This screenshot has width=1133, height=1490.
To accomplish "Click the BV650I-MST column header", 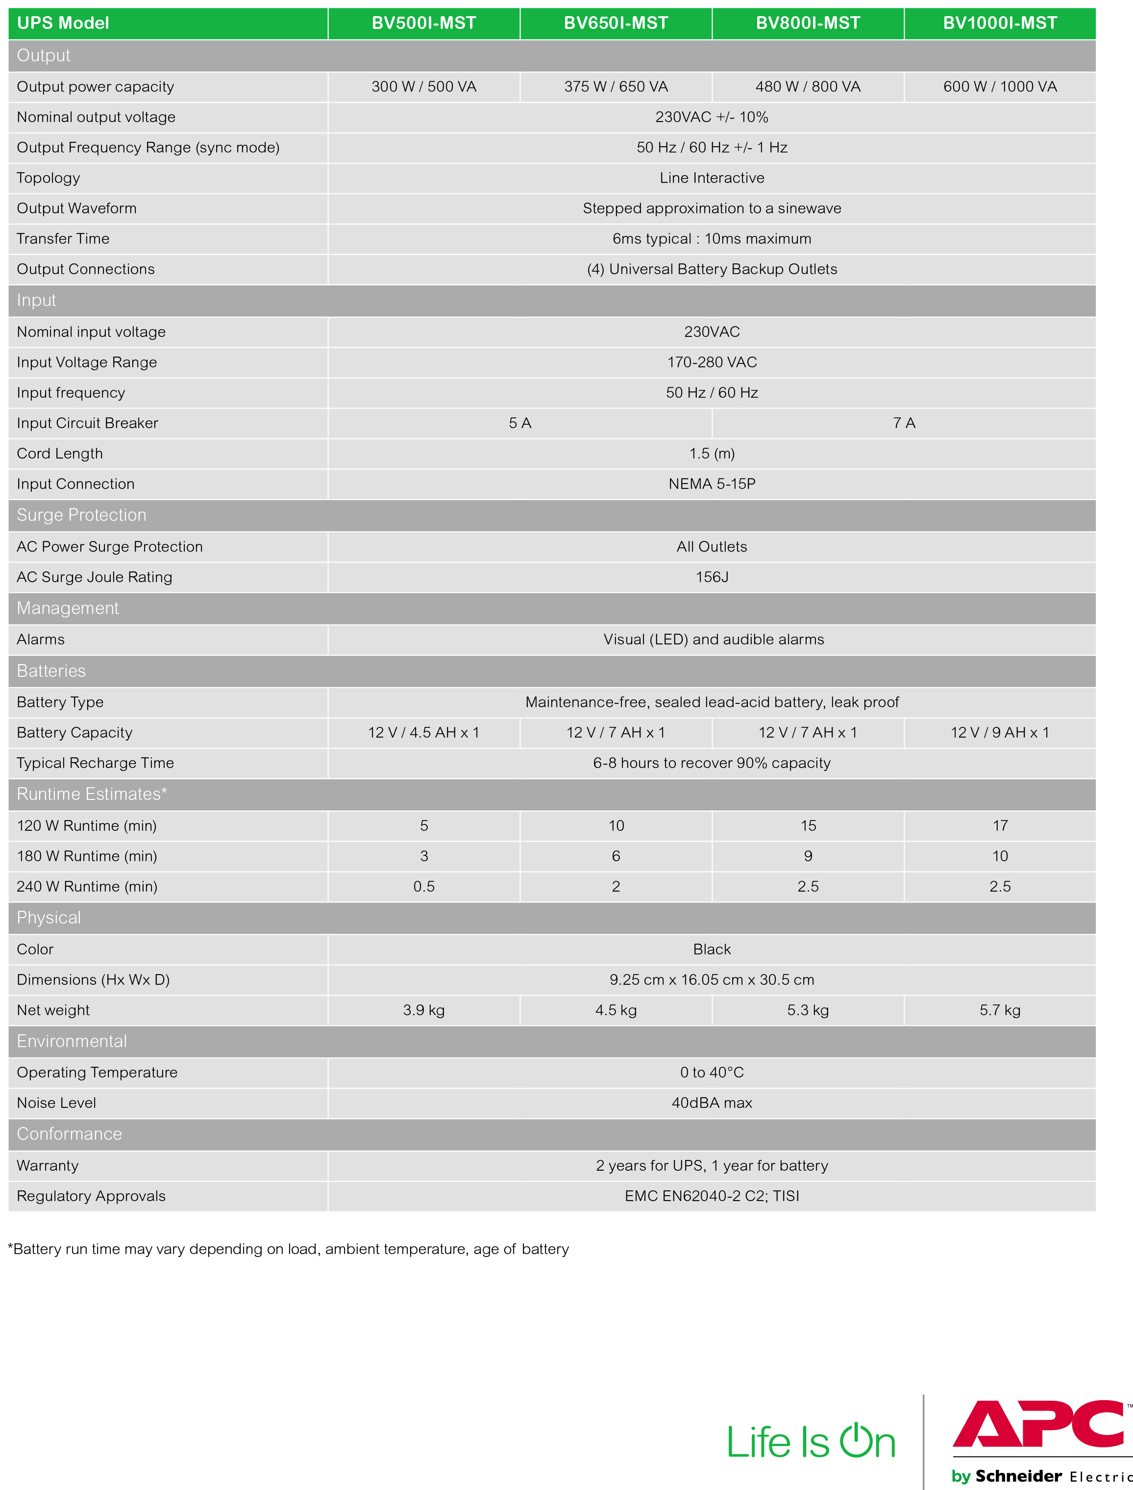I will [616, 23].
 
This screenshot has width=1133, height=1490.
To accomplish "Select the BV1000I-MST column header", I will [1000, 23].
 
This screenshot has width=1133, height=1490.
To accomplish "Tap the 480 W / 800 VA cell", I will [808, 86].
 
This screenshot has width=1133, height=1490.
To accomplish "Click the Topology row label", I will [49, 178].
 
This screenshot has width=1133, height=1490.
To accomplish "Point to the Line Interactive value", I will [712, 178].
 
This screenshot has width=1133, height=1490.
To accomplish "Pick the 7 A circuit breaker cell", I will [904, 423].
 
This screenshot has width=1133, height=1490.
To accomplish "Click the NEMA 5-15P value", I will [712, 484].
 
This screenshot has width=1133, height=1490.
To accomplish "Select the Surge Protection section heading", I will [82, 515].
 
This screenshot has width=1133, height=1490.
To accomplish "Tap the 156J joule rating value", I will [712, 577].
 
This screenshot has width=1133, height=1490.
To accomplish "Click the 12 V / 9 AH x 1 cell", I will [1000, 732].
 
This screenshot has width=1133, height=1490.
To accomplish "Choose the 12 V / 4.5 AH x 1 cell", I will [423, 732].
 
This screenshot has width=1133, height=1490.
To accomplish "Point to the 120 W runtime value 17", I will [1000, 825].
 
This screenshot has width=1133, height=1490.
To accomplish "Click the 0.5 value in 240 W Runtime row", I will [423, 886].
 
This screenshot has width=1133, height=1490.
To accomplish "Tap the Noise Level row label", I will [57, 1103].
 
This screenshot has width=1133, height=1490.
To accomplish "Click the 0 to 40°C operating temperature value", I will [712, 1072].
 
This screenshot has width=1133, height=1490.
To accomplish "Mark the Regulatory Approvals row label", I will [91, 1196].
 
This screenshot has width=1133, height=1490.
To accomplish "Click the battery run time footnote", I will [289, 1249].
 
